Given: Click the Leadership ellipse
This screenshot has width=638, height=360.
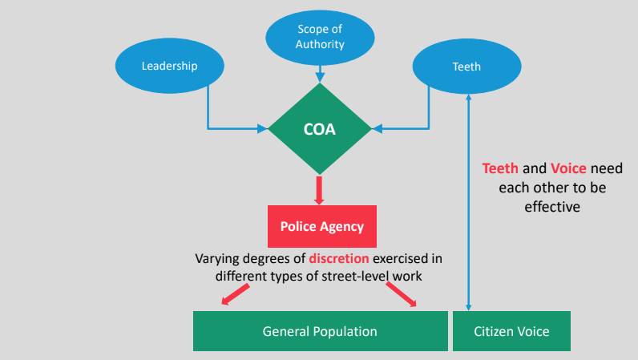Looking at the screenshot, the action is coord(170,66).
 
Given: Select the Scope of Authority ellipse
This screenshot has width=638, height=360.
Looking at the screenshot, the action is coord(320,38).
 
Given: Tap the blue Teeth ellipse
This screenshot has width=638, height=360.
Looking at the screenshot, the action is coord(466,67).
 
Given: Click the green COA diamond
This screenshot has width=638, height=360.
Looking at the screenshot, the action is coord(320,129).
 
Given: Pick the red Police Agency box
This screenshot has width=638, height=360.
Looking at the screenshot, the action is coord(322,226).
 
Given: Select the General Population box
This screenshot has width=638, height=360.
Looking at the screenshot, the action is coord(321,331).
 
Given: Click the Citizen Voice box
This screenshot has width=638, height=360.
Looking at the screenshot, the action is coord(511,331).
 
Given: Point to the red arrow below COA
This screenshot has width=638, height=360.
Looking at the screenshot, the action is coord(319,190).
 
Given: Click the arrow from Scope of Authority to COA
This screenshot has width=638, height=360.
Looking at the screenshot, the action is coord(320,74).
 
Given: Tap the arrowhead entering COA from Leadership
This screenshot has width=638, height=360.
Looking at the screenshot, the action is coord(262,129).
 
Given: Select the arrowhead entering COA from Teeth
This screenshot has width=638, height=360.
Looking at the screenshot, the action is coord(378,129).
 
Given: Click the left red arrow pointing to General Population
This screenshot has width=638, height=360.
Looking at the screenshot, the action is coord(235,294).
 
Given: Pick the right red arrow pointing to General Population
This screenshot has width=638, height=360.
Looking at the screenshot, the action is coord(402,294).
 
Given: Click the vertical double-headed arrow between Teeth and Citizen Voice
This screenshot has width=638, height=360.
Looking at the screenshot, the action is coord(468,202).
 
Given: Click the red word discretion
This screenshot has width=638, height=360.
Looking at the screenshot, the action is coord(339,259).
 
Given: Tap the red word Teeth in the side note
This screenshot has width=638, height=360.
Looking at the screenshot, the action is coord(500,168).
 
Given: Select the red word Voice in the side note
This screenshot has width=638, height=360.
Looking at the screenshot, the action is coord(568,168).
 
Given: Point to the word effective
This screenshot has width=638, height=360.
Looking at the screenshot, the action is coord(552,207).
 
